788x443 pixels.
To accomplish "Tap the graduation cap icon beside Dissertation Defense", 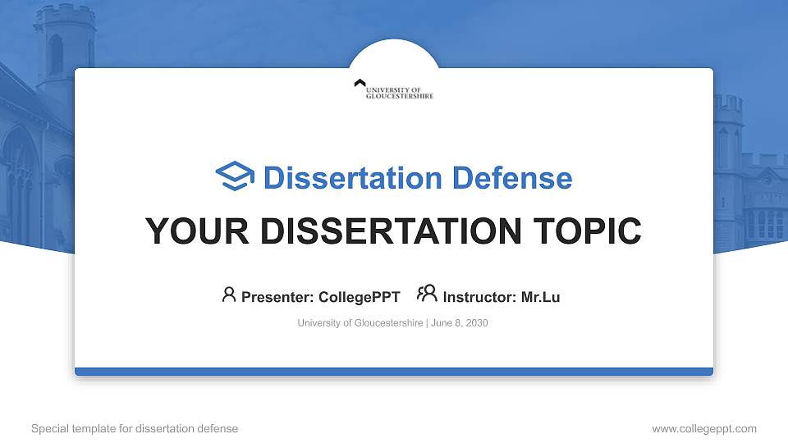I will [235, 176].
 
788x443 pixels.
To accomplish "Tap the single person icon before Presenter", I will [229, 295].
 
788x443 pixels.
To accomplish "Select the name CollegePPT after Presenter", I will [359, 297].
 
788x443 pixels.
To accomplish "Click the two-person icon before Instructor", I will [427, 294].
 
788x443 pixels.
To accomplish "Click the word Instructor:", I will [479, 297].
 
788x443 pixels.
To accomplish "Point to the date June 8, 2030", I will [460, 323].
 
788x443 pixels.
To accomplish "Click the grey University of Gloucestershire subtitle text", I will [360, 323].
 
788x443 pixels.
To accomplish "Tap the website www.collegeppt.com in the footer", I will [704, 428].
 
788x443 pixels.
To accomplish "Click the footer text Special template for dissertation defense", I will [135, 428].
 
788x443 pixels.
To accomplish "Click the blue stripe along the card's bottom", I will [394, 372].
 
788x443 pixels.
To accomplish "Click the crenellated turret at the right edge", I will [728, 131].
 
